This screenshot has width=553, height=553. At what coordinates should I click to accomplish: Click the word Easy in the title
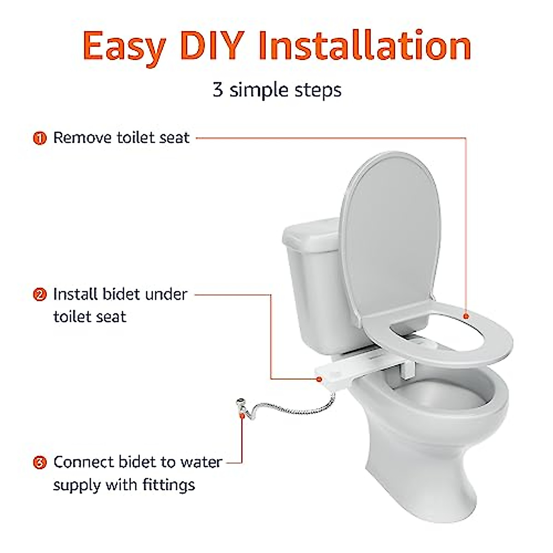click(124, 47)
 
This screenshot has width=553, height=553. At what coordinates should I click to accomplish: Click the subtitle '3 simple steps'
click(277, 90)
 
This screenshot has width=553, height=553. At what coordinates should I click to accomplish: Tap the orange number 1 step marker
click(41, 138)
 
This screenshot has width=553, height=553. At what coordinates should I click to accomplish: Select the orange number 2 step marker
click(41, 294)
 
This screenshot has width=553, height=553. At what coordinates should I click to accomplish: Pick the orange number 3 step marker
click(41, 462)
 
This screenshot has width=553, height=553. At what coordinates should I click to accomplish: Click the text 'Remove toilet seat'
click(121, 138)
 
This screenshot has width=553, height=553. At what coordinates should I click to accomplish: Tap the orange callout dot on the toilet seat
click(466, 316)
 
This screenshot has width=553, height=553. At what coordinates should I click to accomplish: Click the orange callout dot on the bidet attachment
click(319, 379)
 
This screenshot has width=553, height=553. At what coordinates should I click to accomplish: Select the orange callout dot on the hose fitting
click(241, 416)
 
